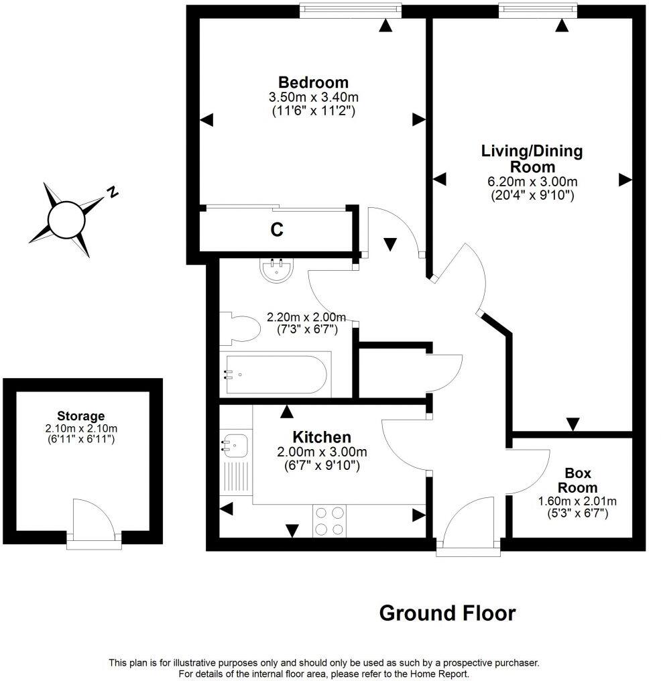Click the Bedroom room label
click(x=313, y=82)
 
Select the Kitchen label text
click(x=321, y=438)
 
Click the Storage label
click(x=80, y=416)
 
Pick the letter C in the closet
click(x=276, y=230)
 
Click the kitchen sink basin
click(x=235, y=444)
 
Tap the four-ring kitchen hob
click(x=329, y=520)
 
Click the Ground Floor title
click(x=447, y=613)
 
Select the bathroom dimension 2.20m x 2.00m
click(x=306, y=317)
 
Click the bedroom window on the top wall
click(x=350, y=9)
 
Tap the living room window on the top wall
click(x=538, y=9)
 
